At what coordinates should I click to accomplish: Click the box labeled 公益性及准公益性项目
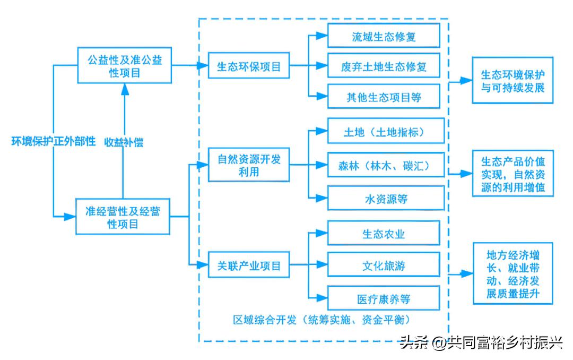(x=125, y=65)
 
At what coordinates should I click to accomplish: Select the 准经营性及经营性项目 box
(x=123, y=217)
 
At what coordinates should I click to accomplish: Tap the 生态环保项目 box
(x=249, y=67)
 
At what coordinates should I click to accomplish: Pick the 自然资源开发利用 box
(x=249, y=166)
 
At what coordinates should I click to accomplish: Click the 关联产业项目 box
(x=249, y=265)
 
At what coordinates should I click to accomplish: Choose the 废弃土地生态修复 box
(x=383, y=67)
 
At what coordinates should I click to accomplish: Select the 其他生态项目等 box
(x=383, y=97)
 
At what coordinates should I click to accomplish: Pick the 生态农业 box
(x=383, y=233)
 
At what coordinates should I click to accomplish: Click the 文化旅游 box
(x=383, y=265)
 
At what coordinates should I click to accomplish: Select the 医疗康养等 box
(x=383, y=299)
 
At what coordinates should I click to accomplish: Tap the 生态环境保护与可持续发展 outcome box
(x=513, y=81)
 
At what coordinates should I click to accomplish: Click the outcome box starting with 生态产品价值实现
(x=513, y=174)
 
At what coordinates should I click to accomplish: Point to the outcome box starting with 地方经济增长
(x=513, y=274)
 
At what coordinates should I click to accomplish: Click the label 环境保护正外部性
(x=54, y=142)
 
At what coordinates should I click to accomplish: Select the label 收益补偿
(x=123, y=142)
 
